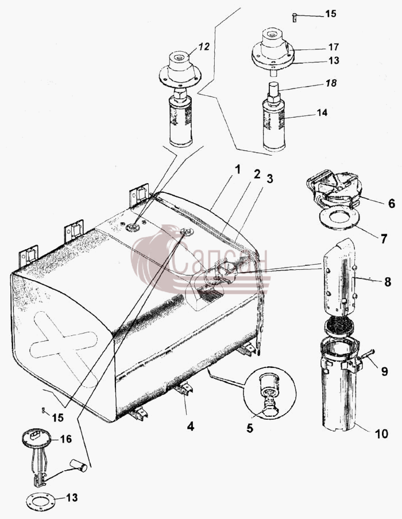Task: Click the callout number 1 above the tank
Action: (237, 169)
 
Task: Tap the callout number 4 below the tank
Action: (191, 427)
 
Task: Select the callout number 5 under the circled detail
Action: (250, 428)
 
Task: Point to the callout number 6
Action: (392, 203)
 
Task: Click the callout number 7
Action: (384, 239)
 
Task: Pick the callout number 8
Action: (388, 282)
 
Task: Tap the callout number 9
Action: (384, 371)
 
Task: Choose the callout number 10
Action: (381, 433)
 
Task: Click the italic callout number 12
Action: (204, 47)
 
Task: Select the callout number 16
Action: (65, 439)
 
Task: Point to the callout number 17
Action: (334, 47)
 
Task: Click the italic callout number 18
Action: (331, 83)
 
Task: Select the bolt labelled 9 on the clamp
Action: (367, 356)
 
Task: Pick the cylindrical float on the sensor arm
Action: (79, 465)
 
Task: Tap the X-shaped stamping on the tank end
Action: (64, 345)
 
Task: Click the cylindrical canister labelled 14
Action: (273, 123)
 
